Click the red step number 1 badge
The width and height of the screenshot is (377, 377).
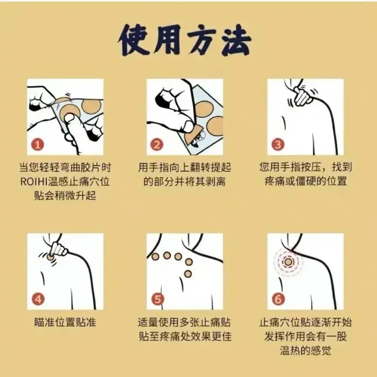[38, 145]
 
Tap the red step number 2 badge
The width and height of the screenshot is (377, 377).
[157, 145]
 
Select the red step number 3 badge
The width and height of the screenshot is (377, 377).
[278, 145]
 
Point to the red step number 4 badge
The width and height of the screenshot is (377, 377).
[38, 299]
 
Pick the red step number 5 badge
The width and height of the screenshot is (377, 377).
[158, 299]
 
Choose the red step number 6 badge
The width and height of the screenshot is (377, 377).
[278, 299]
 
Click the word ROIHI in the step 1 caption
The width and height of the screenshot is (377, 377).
[33, 182]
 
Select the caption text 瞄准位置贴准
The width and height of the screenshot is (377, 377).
[65, 322]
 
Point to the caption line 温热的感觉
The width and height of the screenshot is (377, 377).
[305, 350]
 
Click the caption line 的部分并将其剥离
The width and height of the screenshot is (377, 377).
[184, 181]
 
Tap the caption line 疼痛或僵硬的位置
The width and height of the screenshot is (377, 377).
[306, 181]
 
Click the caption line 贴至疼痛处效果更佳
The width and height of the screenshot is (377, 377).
[185, 337]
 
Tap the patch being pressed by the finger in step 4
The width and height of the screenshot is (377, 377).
[50, 257]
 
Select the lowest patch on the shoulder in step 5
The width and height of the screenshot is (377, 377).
[188, 274]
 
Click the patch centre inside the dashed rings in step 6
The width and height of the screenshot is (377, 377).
[288, 262]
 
